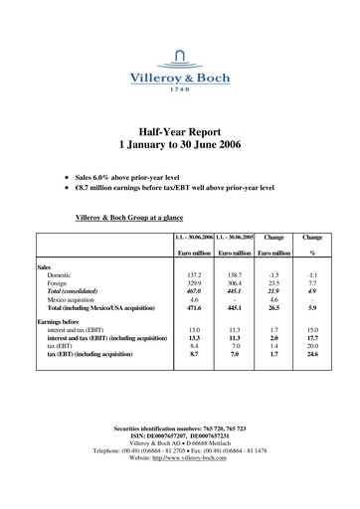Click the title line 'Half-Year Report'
[180, 129]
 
